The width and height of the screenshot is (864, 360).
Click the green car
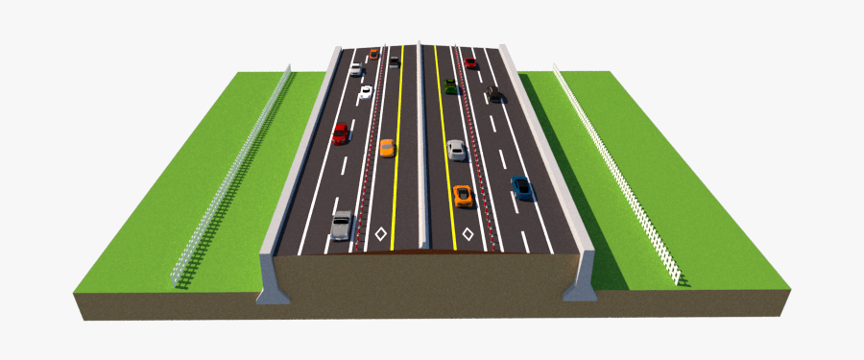450,87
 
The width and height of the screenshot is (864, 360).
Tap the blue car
522,188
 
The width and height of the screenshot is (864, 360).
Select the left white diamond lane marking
381,233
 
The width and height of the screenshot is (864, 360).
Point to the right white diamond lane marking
468,233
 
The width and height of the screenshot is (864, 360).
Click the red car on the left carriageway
340,133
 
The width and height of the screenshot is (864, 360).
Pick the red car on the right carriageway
470,63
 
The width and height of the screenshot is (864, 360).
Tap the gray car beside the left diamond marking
342,225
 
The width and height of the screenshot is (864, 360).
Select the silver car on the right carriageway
457,149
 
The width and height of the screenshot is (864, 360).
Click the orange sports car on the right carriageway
463,195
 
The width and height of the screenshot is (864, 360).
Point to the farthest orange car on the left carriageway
374,54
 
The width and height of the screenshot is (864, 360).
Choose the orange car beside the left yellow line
386,148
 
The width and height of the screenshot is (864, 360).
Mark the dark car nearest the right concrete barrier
495,93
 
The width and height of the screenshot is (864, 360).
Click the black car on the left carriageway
394,62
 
